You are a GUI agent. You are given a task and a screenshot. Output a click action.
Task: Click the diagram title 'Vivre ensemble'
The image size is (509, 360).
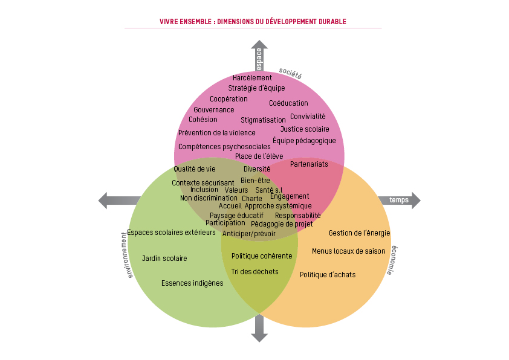pos(253,22)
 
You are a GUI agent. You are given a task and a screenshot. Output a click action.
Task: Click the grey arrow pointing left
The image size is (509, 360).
pos(118,201)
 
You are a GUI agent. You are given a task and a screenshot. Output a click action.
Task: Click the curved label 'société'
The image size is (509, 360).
pos(290,74)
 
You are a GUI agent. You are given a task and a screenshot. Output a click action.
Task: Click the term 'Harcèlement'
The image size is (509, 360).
pos(252,78)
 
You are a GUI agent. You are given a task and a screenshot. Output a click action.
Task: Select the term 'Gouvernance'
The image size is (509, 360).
pos(214,110)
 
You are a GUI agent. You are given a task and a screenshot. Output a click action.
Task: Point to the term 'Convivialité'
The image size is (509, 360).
pos(308,117)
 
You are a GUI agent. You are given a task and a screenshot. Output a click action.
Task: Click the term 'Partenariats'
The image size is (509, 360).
pos(309,164)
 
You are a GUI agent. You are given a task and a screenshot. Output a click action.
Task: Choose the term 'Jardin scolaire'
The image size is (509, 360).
pos(164,259)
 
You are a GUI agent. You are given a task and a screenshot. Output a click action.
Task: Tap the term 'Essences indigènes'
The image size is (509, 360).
pos(192,283)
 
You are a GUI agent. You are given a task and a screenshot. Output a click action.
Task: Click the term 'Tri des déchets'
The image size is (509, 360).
pos(255,272)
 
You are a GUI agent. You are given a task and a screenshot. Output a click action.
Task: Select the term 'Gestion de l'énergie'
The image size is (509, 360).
pos(359,233)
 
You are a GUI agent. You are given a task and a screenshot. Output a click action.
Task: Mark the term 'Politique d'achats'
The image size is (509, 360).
pos(328,275)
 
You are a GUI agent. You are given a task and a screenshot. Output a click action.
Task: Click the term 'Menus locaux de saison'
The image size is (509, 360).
pos(348,251)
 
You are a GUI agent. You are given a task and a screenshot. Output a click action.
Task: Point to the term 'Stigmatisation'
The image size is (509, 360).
pos(263,120)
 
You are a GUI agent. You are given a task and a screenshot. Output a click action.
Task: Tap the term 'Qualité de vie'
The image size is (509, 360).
pos(195,169)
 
